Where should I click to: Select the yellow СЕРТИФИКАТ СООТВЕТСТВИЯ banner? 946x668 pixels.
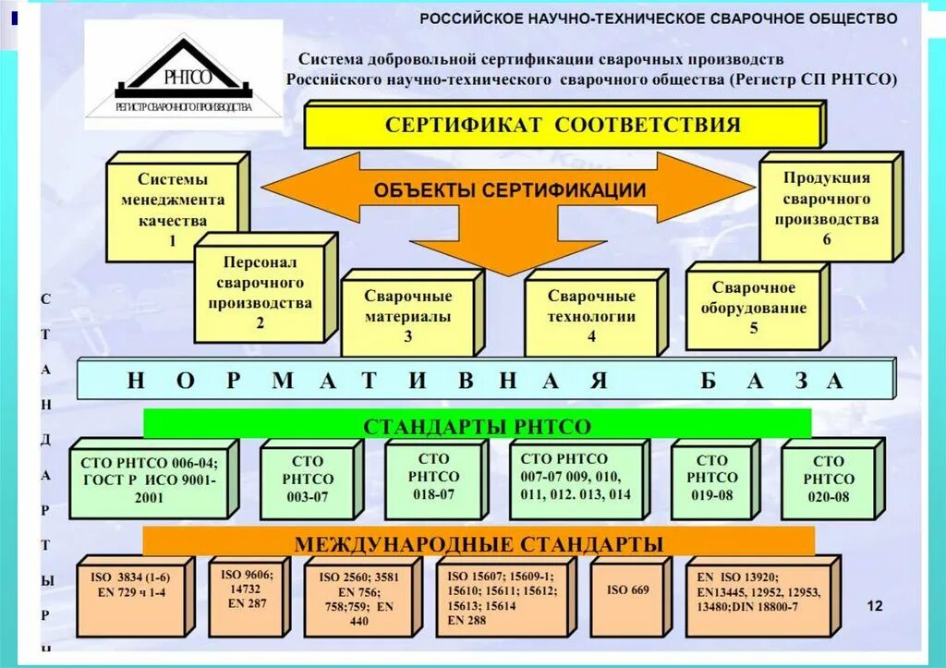563,126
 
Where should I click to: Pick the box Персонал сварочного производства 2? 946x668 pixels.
260,293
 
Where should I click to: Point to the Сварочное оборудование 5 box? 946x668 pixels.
753,308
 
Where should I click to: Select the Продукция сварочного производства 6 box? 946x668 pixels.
826,209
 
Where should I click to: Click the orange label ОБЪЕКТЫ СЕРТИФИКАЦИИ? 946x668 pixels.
509,190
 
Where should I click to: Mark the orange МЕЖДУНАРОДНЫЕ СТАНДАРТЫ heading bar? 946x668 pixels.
479,542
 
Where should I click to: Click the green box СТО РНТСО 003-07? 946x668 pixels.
308,480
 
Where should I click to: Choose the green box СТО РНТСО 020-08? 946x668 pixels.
828,480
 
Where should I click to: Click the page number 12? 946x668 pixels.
875,605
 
